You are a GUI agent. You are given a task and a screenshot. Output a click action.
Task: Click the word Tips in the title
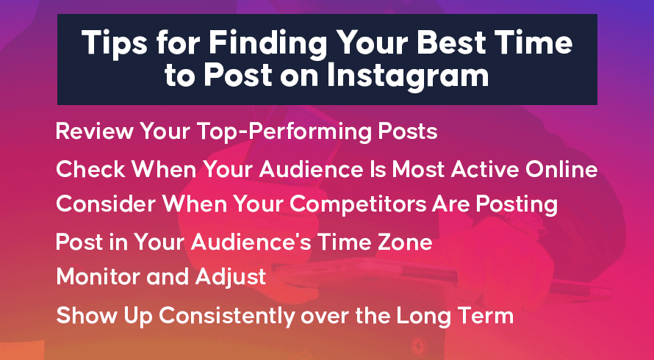114,43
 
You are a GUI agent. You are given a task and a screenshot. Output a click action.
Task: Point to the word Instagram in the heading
408,76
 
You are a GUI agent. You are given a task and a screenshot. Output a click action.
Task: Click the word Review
94,131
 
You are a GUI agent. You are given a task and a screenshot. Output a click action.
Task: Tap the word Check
90,170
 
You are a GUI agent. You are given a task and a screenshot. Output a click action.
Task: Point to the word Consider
106,204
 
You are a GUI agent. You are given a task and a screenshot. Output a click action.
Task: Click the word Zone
404,242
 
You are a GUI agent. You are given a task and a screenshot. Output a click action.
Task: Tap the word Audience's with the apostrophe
251,242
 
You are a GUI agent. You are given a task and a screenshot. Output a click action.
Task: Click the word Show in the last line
87,316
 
